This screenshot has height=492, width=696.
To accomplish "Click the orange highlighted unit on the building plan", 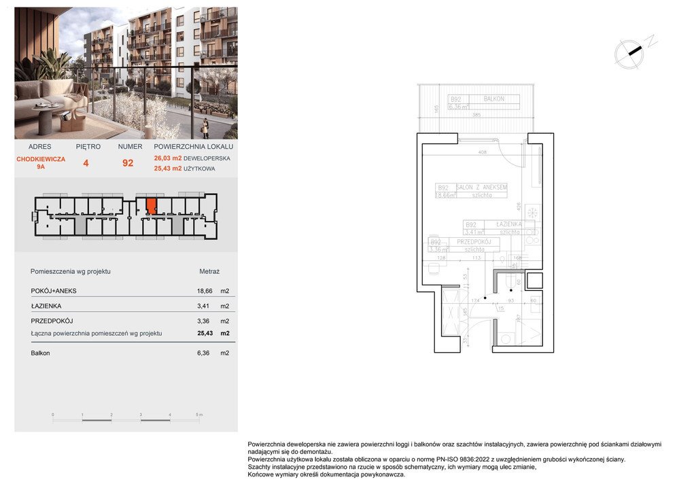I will tap(152, 206).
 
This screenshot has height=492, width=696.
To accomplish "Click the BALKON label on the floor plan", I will tap(494, 99).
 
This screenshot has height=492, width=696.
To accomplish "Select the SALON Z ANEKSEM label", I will tap(481, 188).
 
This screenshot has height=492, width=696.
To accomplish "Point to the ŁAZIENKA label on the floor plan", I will tap(508, 224).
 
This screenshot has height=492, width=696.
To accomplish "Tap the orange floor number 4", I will tap(86, 163).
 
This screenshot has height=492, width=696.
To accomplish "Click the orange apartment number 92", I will tap(127, 163).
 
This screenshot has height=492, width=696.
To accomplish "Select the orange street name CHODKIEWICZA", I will tap(41, 158).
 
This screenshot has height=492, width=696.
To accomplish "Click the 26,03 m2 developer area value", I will tap(169, 158).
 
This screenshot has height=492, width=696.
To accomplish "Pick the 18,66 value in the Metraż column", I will tap(204, 291).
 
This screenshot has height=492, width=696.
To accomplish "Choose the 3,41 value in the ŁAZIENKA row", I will tap(204, 306).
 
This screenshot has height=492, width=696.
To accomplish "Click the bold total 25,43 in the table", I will tap(204, 333).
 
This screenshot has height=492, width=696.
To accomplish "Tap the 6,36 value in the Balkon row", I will tap(204, 353).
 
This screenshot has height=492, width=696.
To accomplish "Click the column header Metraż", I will tap(209, 271).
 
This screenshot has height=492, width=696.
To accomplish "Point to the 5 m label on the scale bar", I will tap(199, 414).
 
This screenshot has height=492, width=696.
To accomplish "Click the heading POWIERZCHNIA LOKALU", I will tap(194, 147).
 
